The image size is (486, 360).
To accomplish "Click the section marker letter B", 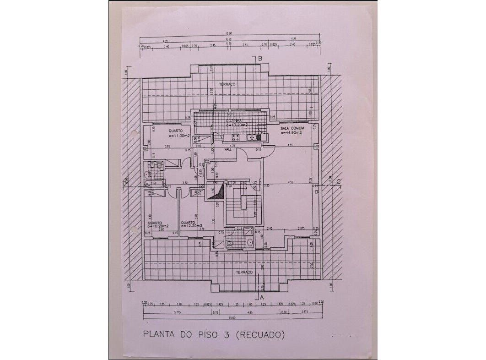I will click(259, 59).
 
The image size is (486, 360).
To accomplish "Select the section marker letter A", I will click(262, 297).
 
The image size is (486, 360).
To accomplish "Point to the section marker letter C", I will click(338, 182).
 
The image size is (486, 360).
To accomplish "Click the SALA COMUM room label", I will click(292, 129).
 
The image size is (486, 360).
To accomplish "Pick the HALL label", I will click(227, 149).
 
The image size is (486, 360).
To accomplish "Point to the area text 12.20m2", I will click(192, 226).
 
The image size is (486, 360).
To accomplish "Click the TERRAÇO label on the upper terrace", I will click(227, 85).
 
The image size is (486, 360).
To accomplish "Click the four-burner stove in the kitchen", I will click(236, 136).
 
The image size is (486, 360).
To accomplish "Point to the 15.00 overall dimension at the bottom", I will click(232, 317).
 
